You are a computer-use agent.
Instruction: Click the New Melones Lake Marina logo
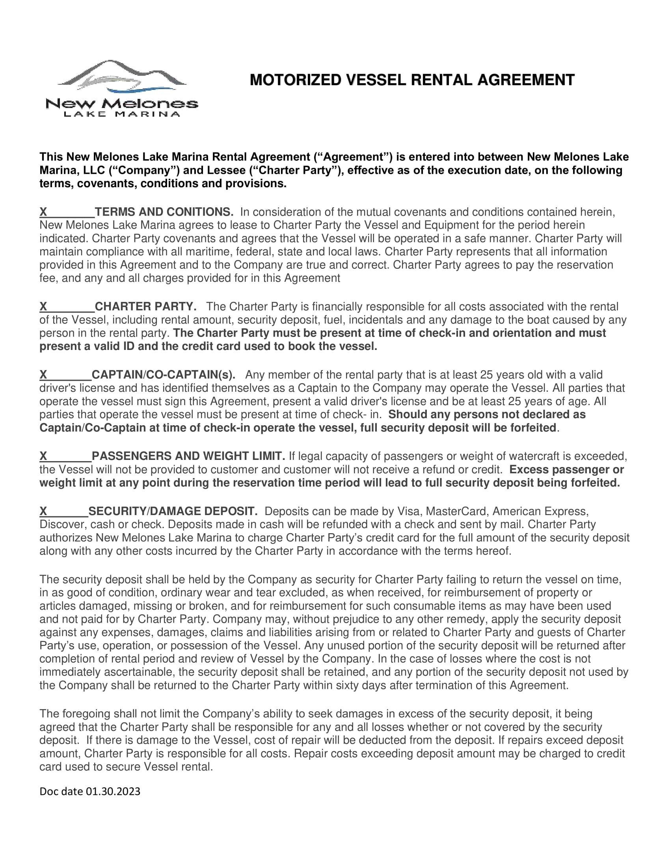[122, 89]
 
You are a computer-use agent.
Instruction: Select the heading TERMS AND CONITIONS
[164, 212]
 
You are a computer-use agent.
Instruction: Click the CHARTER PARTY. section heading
[145, 307]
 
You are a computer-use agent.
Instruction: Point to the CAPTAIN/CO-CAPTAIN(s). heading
[163, 375]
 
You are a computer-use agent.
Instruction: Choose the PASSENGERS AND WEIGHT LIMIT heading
[188, 456]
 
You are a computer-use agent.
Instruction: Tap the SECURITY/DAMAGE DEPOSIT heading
[173, 511]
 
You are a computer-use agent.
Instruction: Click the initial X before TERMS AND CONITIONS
[43, 212]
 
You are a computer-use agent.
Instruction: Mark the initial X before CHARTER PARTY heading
[43, 307]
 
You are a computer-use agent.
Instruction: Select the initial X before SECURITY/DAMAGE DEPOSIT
[43, 511]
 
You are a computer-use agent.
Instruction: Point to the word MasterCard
[456, 511]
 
